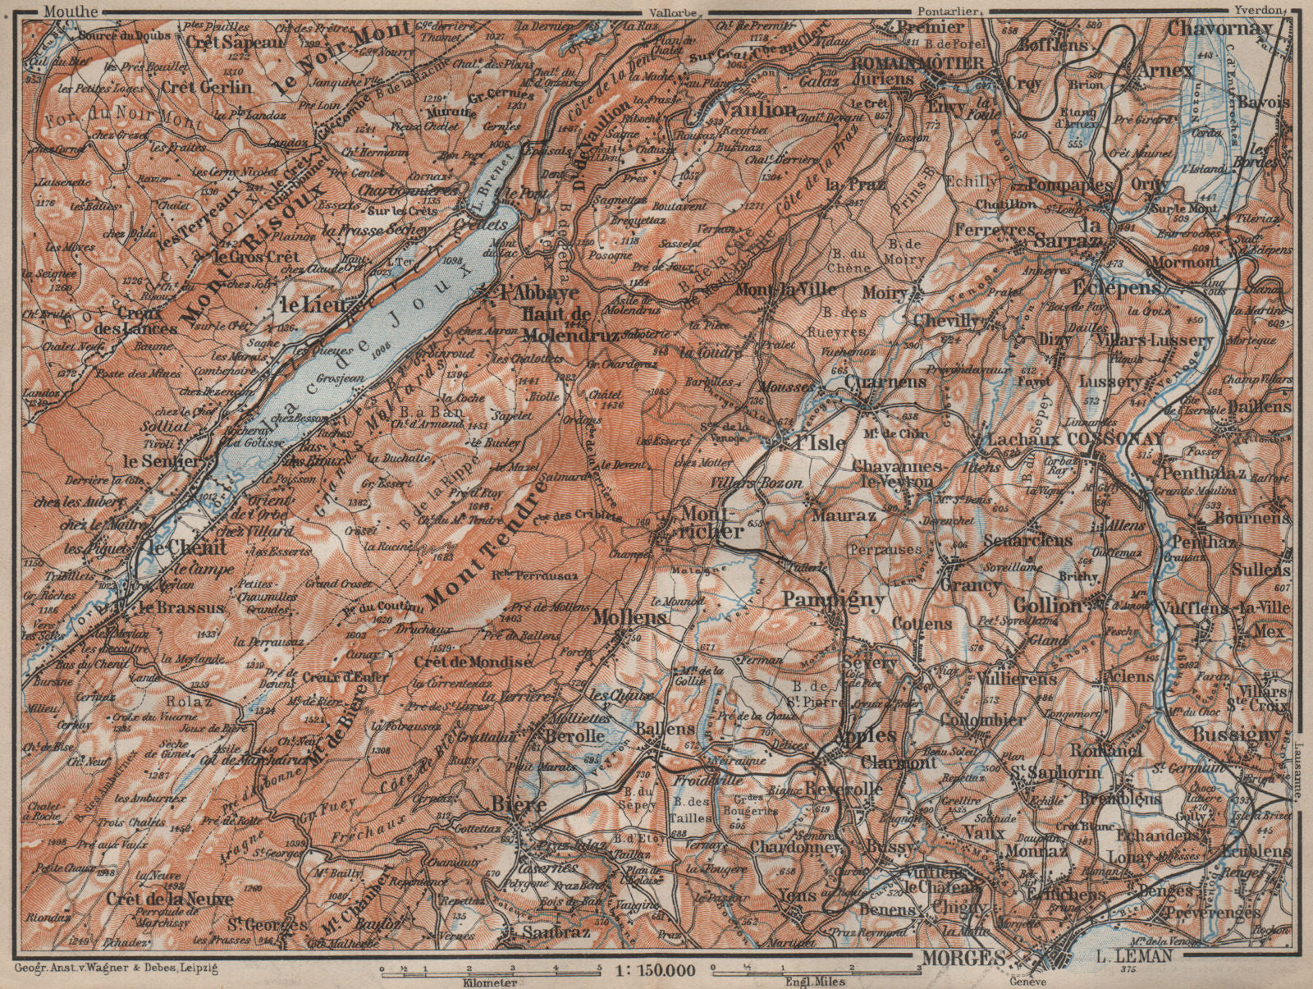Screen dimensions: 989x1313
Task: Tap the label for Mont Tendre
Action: [x=484, y=542]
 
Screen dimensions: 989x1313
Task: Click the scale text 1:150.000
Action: [x=654, y=971]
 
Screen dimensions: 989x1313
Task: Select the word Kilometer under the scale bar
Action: [x=490, y=982]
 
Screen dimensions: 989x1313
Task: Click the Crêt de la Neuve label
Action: [x=169, y=899]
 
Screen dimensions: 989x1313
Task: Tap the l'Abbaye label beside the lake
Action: [x=529, y=292]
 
